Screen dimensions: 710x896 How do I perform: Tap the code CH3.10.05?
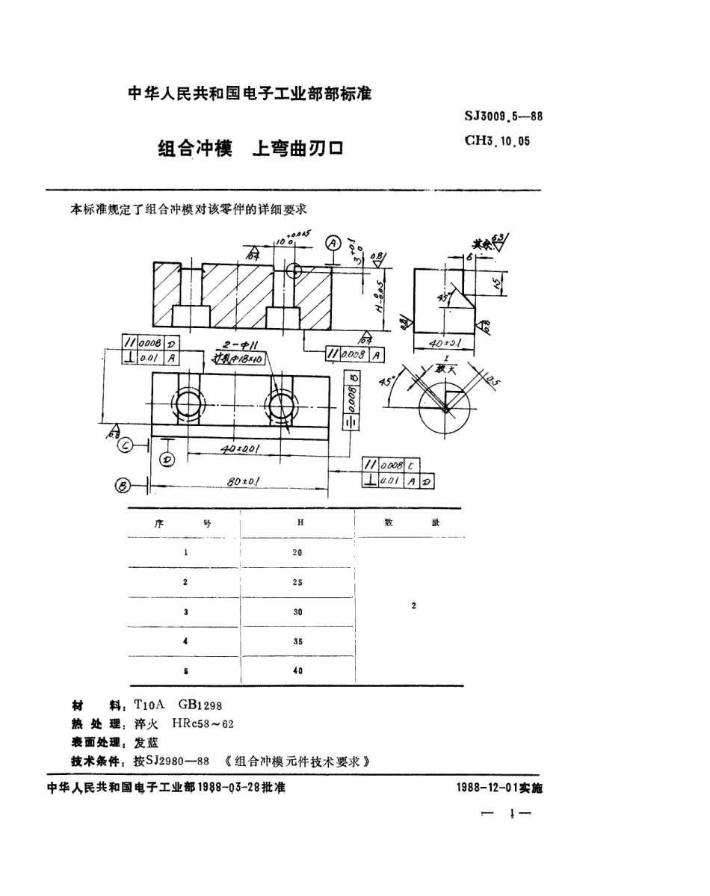click(497, 140)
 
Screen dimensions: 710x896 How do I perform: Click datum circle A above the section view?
click(332, 243)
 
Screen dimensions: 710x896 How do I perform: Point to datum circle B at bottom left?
click(123, 486)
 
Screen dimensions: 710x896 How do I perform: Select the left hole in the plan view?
click(188, 407)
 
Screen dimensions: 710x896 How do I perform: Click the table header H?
click(300, 523)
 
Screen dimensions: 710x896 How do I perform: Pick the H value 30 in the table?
click(298, 611)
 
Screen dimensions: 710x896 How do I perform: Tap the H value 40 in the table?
click(298, 670)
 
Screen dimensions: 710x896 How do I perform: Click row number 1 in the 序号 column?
click(185, 553)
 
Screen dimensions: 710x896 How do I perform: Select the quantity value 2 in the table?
click(413, 606)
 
